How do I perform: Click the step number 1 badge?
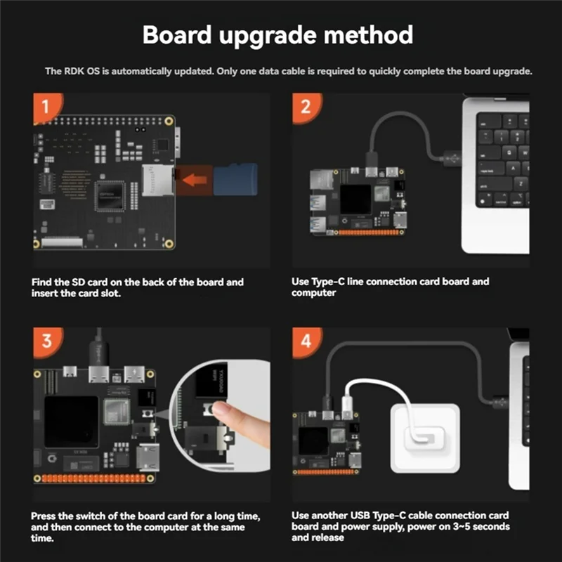coord(46,107)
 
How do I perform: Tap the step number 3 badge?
coord(46,341)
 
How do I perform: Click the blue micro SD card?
coord(237,178)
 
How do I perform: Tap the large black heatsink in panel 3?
coord(72,421)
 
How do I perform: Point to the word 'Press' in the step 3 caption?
coord(44,516)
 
